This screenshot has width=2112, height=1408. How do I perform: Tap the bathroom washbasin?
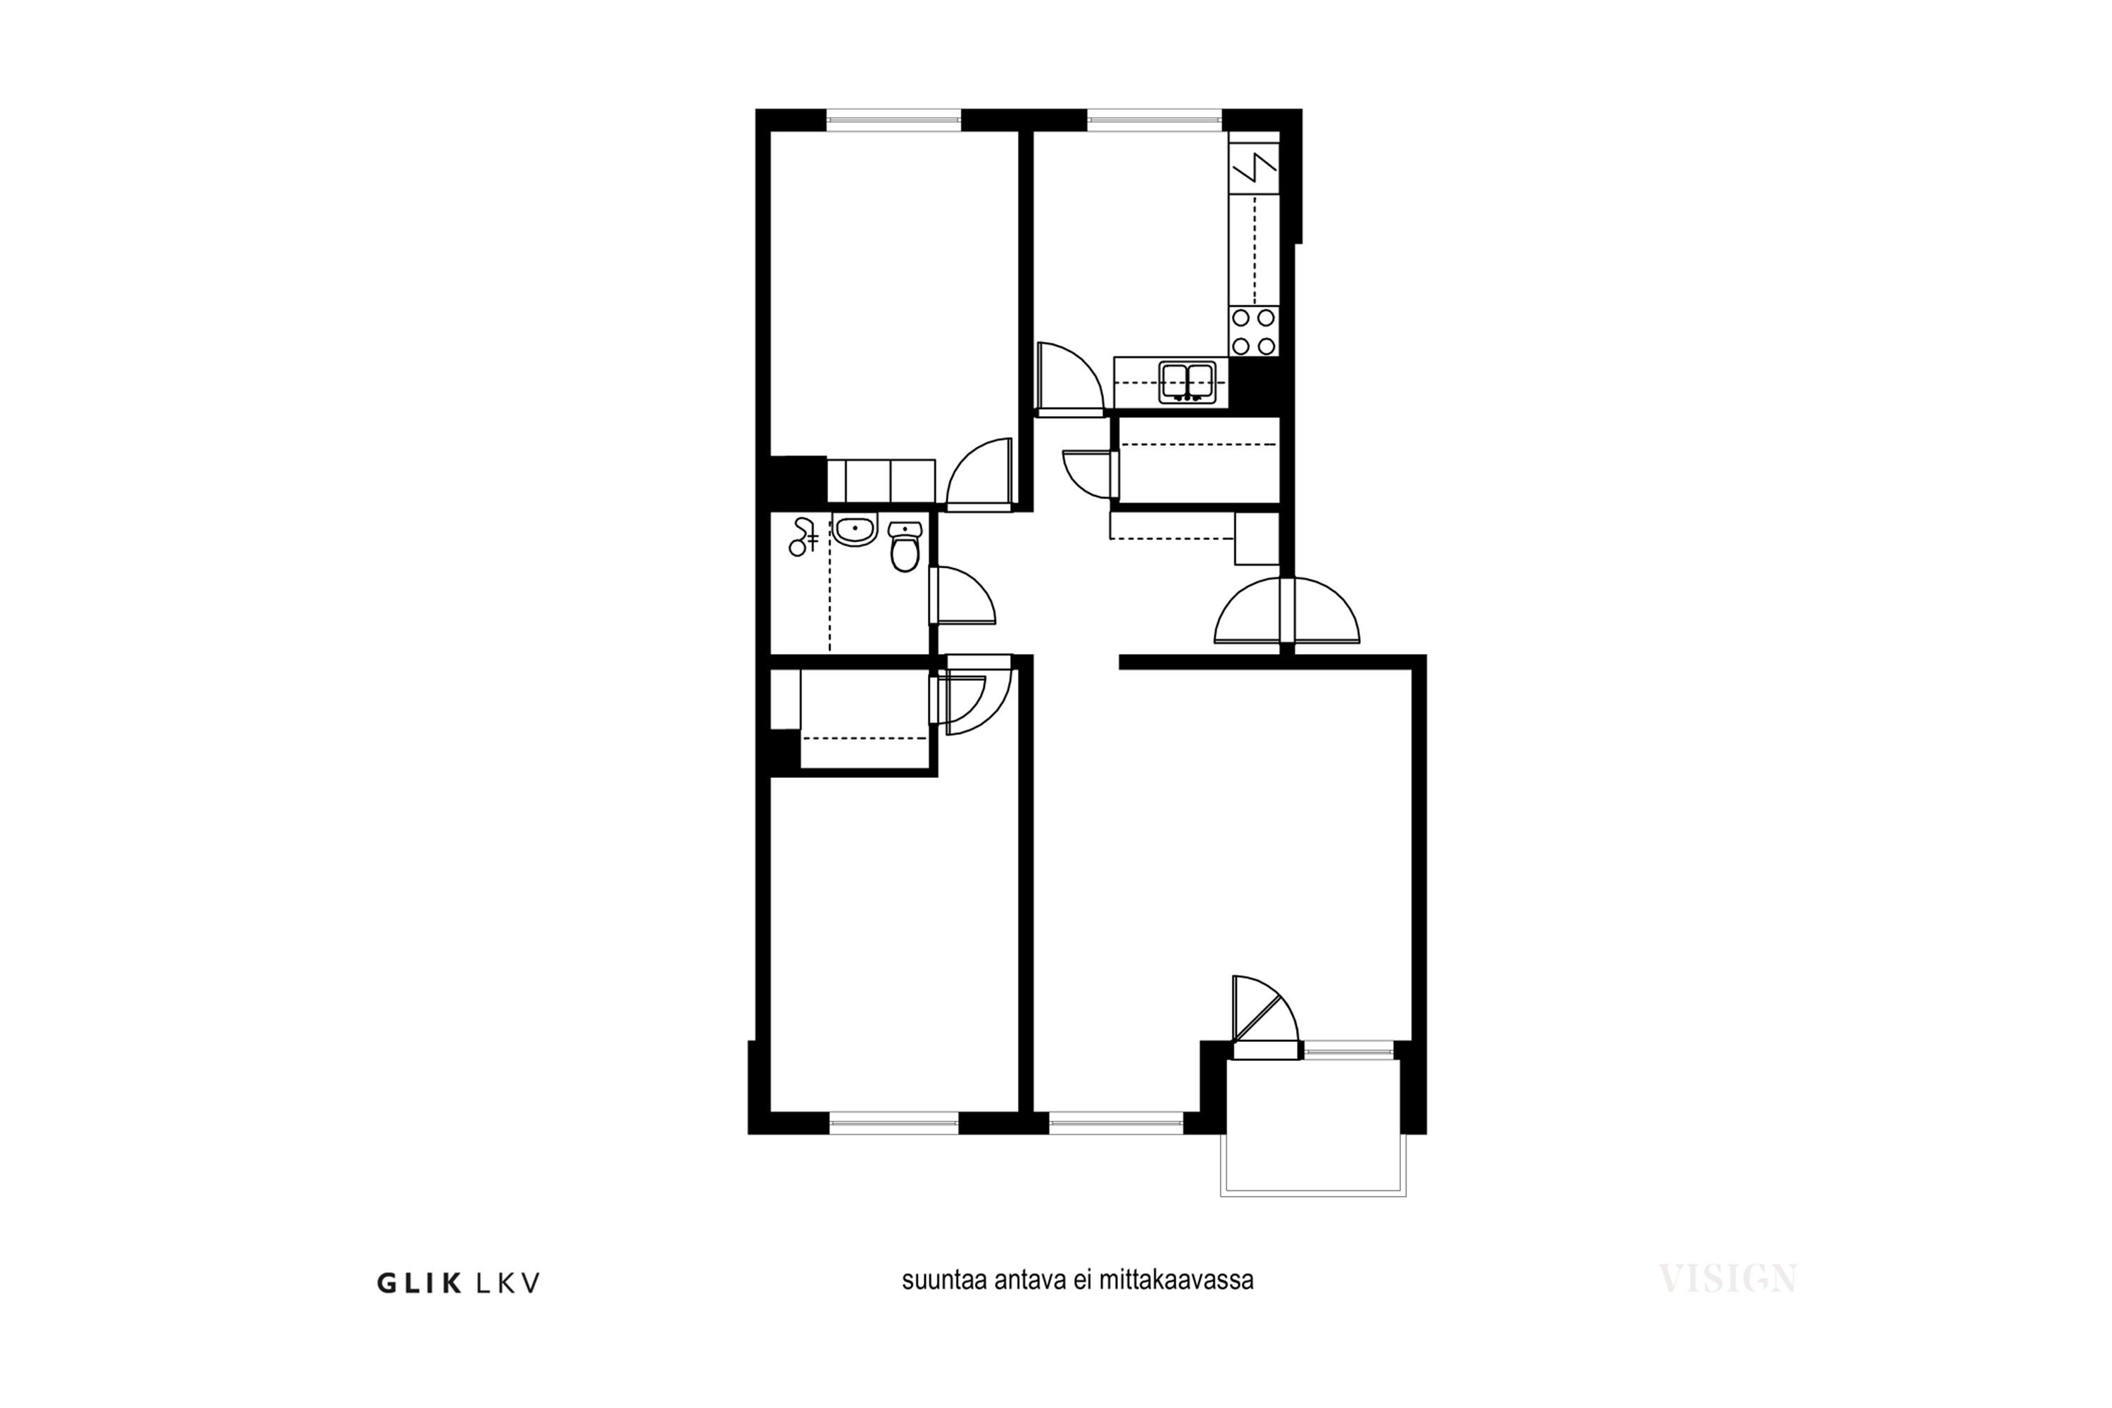[854, 530]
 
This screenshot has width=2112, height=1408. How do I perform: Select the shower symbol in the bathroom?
[802, 537]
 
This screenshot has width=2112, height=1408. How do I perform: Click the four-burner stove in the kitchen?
[1254, 332]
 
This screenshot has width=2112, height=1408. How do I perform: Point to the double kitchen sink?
[1187, 382]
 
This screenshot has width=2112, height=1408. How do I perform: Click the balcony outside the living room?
[1313, 1127]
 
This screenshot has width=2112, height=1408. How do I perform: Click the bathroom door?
[962, 596]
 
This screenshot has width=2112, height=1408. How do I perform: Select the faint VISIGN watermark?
[1727, 1278]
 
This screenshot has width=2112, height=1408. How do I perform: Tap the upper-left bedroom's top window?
[893, 120]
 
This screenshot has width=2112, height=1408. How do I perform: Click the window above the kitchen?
[1155, 120]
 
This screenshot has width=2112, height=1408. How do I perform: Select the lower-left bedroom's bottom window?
[894, 1122]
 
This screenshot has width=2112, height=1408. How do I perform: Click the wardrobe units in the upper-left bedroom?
[881, 480]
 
